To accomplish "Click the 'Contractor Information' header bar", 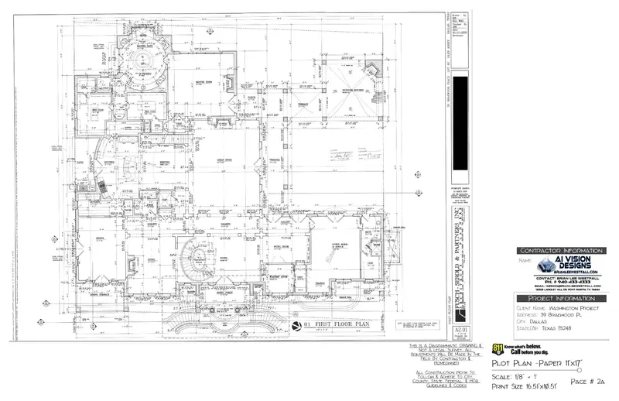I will point(562,252).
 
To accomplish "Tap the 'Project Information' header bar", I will point(562,298).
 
